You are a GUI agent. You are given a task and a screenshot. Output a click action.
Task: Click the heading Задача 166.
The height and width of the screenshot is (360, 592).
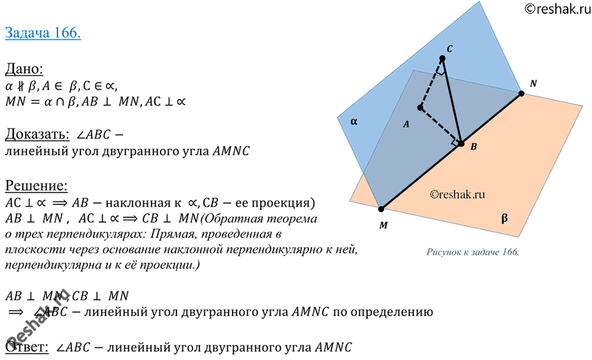click(x=43, y=33)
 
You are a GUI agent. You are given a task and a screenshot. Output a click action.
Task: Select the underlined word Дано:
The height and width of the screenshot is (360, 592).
click(x=24, y=69)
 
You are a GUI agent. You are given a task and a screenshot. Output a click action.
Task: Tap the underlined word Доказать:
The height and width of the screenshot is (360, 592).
click(x=37, y=134)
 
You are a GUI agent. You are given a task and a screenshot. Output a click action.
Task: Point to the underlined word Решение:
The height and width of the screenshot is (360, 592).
click(x=36, y=186)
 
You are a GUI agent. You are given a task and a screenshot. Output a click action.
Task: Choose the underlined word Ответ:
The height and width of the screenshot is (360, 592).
click(x=27, y=346)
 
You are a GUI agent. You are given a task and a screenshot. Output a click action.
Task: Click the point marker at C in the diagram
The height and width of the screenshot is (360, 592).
click(x=442, y=58)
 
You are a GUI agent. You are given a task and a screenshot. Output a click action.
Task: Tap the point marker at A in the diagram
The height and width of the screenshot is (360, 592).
click(x=420, y=107)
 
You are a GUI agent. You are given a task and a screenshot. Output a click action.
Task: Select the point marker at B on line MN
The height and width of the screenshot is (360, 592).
click(x=461, y=143)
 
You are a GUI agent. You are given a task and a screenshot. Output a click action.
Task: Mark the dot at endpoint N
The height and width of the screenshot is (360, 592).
click(x=521, y=93)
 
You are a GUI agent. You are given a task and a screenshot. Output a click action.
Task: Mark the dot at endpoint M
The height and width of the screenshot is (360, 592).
click(x=381, y=208)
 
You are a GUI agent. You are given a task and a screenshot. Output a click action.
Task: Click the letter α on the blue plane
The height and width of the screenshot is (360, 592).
click(x=354, y=121)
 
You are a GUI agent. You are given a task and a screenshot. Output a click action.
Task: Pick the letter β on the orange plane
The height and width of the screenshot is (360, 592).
click(x=504, y=218)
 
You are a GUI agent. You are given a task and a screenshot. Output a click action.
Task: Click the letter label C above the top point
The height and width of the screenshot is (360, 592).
click(x=449, y=48)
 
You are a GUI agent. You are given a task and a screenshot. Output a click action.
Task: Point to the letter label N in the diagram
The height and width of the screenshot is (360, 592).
click(x=533, y=83)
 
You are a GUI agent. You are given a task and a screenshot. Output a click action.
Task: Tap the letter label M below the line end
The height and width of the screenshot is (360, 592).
click(x=383, y=225)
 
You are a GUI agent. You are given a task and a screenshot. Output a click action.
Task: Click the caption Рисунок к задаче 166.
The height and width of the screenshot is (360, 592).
click(x=473, y=252)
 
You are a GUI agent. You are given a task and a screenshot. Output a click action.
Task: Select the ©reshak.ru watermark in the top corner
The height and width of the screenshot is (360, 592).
click(x=557, y=9)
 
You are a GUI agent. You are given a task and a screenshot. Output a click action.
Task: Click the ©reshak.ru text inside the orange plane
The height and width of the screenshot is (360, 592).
click(x=457, y=195)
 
